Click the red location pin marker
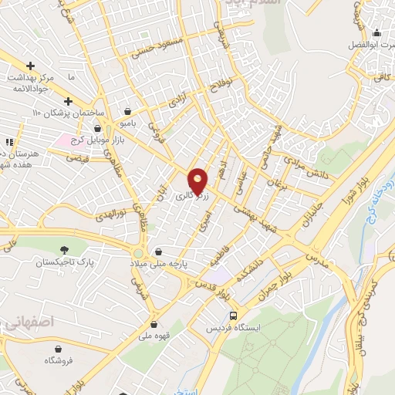point(199,181)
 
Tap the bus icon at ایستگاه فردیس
point(234,316)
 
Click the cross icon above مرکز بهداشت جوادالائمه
point(30,66)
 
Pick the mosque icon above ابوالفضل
point(376,33)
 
